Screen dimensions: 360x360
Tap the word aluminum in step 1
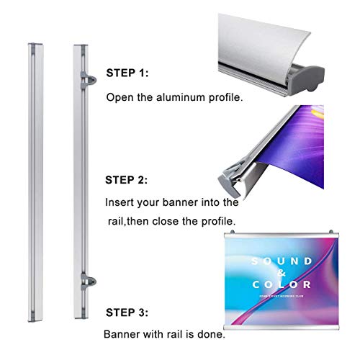pyautogui.click(x=174, y=96)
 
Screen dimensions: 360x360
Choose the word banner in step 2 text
pyautogui.click(x=184, y=203)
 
